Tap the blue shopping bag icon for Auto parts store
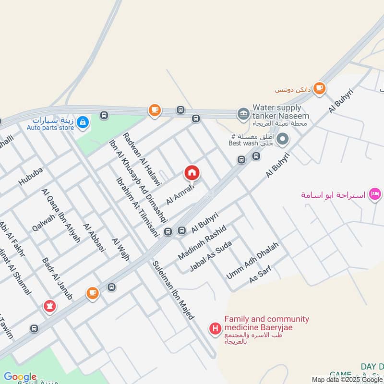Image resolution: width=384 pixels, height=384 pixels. [x=83, y=123]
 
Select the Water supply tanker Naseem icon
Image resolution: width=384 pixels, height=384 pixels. [x=243, y=114]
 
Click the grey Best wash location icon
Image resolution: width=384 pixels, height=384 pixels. [x=283, y=140]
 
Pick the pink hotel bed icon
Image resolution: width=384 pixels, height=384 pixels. [x=376, y=195]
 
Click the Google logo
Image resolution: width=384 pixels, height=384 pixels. [x=20, y=377]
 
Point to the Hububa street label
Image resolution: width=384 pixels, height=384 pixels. [x=31, y=176]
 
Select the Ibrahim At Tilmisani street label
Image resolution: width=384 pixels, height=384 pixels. [x=137, y=206]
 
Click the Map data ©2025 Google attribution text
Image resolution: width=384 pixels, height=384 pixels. [x=348, y=380]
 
